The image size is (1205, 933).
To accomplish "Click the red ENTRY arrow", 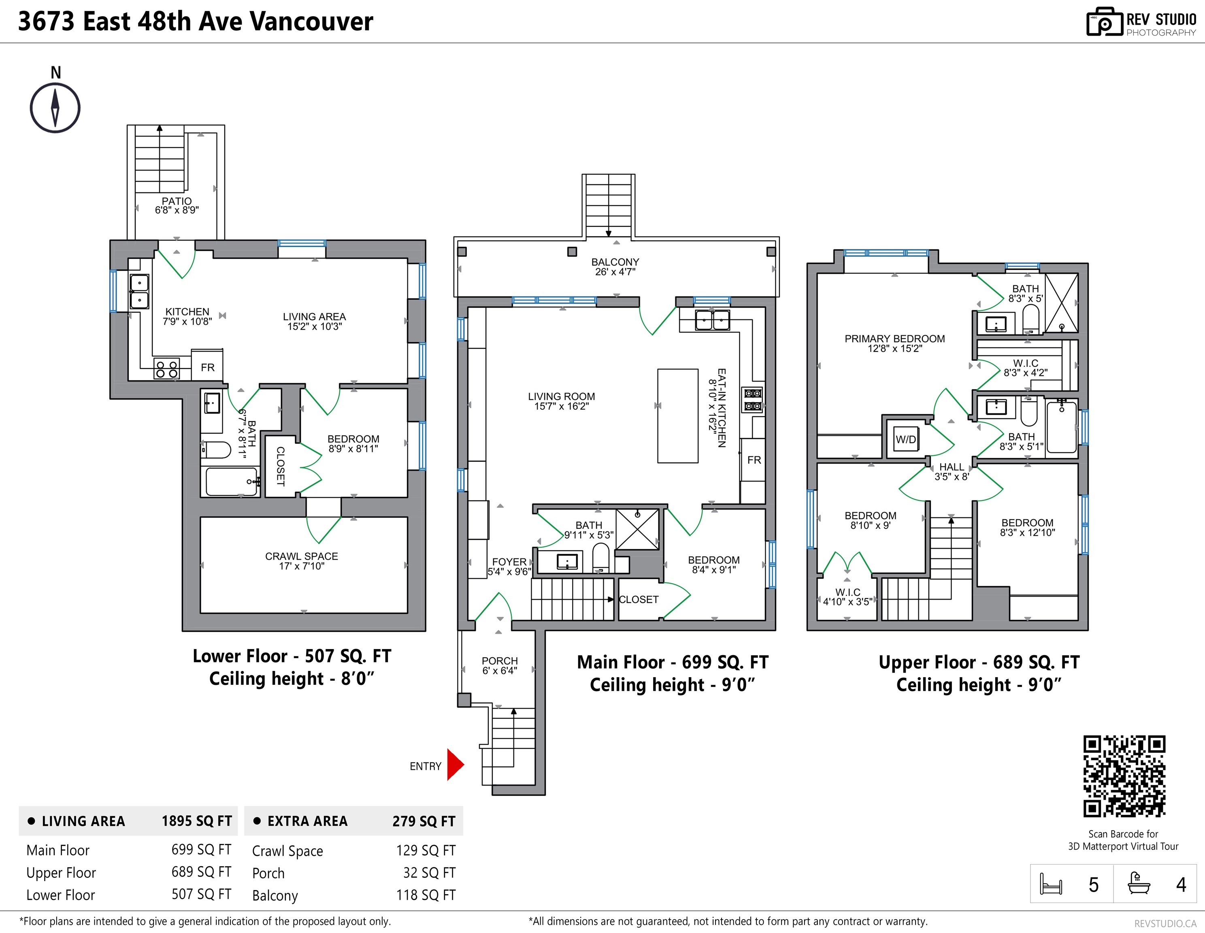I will click(x=455, y=765).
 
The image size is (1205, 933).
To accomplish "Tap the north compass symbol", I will click(x=55, y=108).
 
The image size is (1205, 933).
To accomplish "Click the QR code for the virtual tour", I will click(x=1124, y=776).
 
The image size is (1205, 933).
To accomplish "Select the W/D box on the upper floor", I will click(x=905, y=439).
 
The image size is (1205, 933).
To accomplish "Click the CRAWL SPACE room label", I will click(x=301, y=556).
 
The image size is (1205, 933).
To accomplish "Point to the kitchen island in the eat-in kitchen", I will click(x=677, y=415).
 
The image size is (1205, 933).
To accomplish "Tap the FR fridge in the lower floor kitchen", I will click(x=207, y=367).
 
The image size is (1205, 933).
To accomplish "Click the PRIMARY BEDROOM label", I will click(x=894, y=338).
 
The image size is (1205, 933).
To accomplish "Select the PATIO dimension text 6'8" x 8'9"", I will click(x=177, y=210).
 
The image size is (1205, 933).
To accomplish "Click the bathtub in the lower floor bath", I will click(x=231, y=481).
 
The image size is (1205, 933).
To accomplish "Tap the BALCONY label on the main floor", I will click(x=615, y=262).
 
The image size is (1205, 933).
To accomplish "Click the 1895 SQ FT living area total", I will click(x=196, y=821).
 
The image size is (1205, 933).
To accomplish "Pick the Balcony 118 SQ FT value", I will click(x=426, y=895).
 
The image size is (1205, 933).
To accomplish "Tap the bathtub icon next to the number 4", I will click(x=1139, y=883).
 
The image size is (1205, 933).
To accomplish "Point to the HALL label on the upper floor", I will click(x=951, y=467).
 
